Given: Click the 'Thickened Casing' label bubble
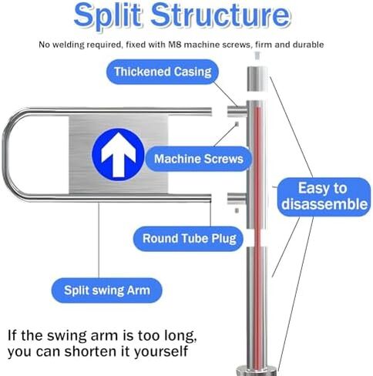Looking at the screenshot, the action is click(163, 72).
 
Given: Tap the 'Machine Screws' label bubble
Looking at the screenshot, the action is click(199, 159).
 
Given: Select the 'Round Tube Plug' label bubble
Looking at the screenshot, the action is click(189, 239).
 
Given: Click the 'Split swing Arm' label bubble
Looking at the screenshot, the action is click(107, 290).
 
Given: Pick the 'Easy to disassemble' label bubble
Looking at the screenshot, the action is click(324, 196).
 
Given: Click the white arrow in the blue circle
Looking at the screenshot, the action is click(118, 154).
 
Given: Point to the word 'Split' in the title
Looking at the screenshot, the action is click(108, 15).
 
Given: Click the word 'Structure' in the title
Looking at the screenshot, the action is click(221, 15).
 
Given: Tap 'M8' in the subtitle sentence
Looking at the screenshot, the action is click(175, 45).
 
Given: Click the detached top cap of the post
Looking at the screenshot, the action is click(257, 79).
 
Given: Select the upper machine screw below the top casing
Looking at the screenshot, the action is click(237, 124).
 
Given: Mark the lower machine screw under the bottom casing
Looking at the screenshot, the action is click(237, 210).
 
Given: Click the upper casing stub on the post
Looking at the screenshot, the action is click(237, 111).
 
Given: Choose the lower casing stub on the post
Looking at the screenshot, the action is click(237, 198).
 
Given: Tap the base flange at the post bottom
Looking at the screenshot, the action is click(257, 371).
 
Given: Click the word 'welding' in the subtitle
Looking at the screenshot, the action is click(66, 45).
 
